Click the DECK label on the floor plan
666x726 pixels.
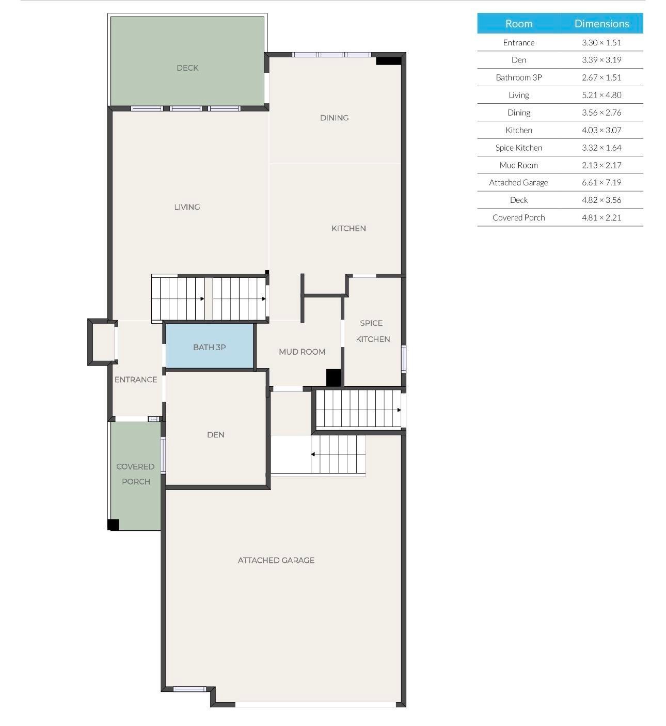pyautogui.click(x=187, y=68)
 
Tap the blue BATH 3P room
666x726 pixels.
pyautogui.click(x=209, y=346)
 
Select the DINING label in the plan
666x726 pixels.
pyautogui.click(x=334, y=118)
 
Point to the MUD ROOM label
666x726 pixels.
pyautogui.click(x=302, y=352)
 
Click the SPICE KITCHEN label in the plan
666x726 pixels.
pyautogui.click(x=372, y=331)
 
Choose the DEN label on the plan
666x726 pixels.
pyautogui.click(x=215, y=435)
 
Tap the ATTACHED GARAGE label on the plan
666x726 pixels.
pyautogui.click(x=276, y=560)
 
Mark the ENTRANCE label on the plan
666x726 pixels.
pyautogui.click(x=136, y=380)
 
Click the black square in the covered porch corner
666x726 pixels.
pyautogui.click(x=113, y=525)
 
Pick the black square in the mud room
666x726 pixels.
pyautogui.click(x=334, y=377)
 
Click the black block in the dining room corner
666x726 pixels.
pyautogui.click(x=388, y=60)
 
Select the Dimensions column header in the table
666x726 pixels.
pyautogui.click(x=601, y=24)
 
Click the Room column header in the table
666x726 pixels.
pyautogui.click(x=518, y=24)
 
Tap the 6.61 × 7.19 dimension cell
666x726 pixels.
pyautogui.click(x=601, y=182)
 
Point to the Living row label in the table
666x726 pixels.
pyautogui.click(x=518, y=95)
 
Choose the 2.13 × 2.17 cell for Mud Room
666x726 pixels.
pyautogui.click(x=601, y=165)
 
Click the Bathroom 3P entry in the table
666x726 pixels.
pyautogui.click(x=518, y=77)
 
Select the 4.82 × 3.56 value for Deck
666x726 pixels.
pyautogui.click(x=601, y=200)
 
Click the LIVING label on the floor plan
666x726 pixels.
pyautogui.click(x=187, y=207)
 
